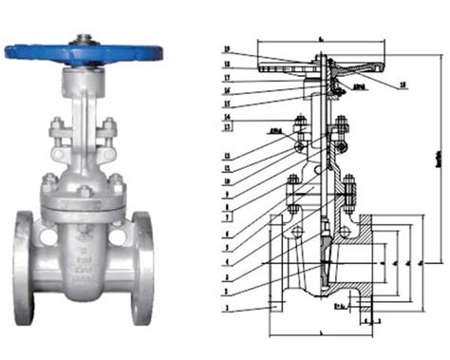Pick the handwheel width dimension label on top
[x=323, y=36]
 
